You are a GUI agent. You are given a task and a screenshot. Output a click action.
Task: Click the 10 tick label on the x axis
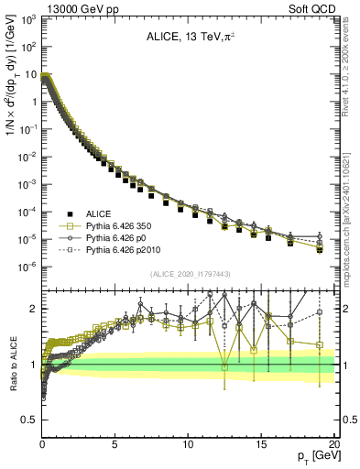(188, 443)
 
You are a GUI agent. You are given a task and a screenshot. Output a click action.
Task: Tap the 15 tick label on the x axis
(261, 443)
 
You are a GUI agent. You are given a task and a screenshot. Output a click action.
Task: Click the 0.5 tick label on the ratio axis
(28, 420)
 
